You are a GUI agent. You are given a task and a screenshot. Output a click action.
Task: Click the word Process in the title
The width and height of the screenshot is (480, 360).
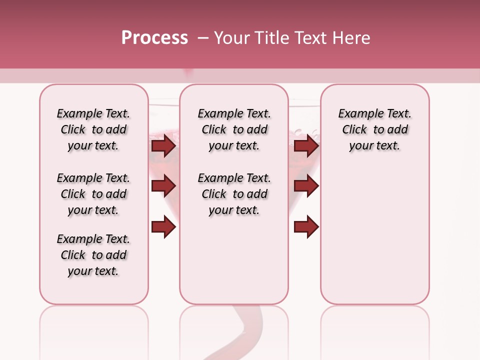(154, 38)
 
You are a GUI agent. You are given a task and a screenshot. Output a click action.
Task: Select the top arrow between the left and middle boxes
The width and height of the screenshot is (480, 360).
(163, 146)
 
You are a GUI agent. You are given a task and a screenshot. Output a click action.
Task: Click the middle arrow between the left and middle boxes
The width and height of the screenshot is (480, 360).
(163, 186)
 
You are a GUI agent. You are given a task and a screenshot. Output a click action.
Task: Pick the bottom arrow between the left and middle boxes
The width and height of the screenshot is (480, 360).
(163, 227)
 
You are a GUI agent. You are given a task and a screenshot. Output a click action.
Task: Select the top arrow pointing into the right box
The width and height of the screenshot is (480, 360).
(306, 146)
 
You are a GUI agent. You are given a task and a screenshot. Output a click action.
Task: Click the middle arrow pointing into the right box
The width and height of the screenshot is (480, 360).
(306, 186)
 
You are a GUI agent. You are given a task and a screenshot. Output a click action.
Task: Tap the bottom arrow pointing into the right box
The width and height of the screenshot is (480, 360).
(306, 227)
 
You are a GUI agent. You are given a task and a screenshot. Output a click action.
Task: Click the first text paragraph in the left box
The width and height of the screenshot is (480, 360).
(93, 129)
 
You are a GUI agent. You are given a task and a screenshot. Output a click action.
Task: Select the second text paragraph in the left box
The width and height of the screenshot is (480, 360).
(93, 194)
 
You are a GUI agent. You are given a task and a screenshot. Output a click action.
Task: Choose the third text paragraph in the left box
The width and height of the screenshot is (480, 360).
(93, 255)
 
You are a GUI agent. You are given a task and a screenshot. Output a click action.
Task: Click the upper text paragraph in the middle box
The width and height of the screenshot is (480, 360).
(234, 129)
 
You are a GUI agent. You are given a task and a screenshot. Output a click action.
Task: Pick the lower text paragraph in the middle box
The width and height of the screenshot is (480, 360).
(234, 194)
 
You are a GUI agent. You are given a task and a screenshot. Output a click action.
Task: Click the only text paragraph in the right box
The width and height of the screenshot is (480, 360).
(374, 129)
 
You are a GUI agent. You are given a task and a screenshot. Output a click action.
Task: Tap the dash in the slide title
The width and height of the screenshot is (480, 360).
(203, 38)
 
